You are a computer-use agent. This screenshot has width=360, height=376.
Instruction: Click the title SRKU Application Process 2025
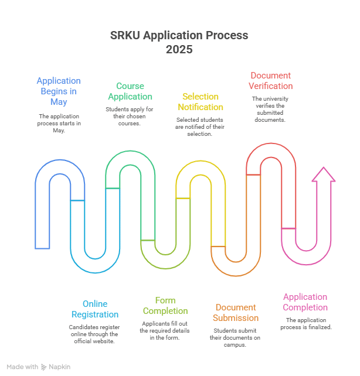pyautogui.click(x=179, y=43)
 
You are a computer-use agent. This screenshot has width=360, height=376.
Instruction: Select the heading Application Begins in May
pyautogui.click(x=59, y=91)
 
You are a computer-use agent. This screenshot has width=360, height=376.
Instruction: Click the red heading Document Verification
pyautogui.click(x=270, y=81)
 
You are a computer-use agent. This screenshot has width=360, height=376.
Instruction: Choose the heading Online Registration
pyautogui.click(x=95, y=309)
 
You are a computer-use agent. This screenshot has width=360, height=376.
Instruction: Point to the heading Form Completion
pyautogui.click(x=165, y=306)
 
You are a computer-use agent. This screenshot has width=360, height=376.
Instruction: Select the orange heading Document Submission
pyautogui.click(x=236, y=313)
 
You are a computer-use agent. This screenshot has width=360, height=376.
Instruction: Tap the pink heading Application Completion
pyautogui.click(x=305, y=302)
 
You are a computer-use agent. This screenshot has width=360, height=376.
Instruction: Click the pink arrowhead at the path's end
pyautogui.click(x=323, y=175)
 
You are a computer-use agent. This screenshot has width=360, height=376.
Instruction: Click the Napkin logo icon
pyautogui.click(x=44, y=367)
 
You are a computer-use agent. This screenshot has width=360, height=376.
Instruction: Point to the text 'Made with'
pyautogui.click(x=23, y=367)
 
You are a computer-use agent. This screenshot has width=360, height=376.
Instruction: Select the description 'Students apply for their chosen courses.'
pyautogui.click(x=130, y=117)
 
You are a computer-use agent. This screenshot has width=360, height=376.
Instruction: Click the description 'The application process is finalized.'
pyautogui.click(x=308, y=324)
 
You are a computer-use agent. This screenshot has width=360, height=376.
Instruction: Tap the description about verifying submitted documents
pyautogui.click(x=270, y=109)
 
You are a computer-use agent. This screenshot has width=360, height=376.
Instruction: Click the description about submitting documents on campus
pyautogui.click(x=236, y=338)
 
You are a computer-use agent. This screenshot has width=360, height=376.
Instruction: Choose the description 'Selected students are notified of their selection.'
pyautogui.click(x=200, y=127)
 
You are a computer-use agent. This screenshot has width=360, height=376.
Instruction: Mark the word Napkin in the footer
pyautogui.click(x=60, y=367)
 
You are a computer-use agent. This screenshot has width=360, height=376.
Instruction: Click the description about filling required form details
pyautogui.click(x=165, y=331)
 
